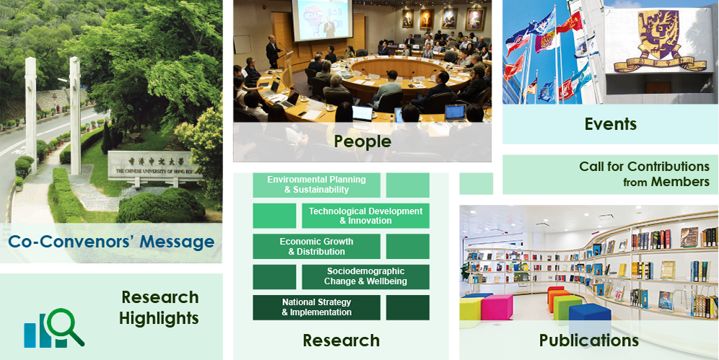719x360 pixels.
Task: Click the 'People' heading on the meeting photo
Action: pyautogui.click(x=362, y=141)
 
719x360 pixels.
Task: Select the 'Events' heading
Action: pyautogui.click(x=610, y=123)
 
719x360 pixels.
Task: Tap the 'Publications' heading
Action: pyautogui.click(x=589, y=341)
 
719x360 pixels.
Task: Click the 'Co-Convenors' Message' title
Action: pyautogui.click(x=111, y=242)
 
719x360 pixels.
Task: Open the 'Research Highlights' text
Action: pyautogui.click(x=160, y=307)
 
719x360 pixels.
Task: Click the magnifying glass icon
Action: pyautogui.click(x=65, y=326)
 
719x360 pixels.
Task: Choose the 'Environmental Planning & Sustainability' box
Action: pyautogui.click(x=316, y=185)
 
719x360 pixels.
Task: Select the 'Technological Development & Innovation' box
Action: pyautogui.click(x=365, y=216)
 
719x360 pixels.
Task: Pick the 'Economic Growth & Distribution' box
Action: pyautogui.click(x=316, y=247)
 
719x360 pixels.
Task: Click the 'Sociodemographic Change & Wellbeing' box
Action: pyautogui.click(x=365, y=276)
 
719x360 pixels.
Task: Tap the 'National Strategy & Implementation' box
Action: pyautogui.click(x=316, y=307)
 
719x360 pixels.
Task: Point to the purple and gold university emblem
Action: pyautogui.click(x=660, y=41)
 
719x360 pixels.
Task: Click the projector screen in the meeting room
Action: pyautogui.click(x=323, y=20)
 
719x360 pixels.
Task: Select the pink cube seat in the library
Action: pyautogui.click(x=497, y=307)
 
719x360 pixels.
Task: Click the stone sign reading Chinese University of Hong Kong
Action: pyautogui.click(x=155, y=165)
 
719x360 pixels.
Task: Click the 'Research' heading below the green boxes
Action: pyautogui.click(x=341, y=341)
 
